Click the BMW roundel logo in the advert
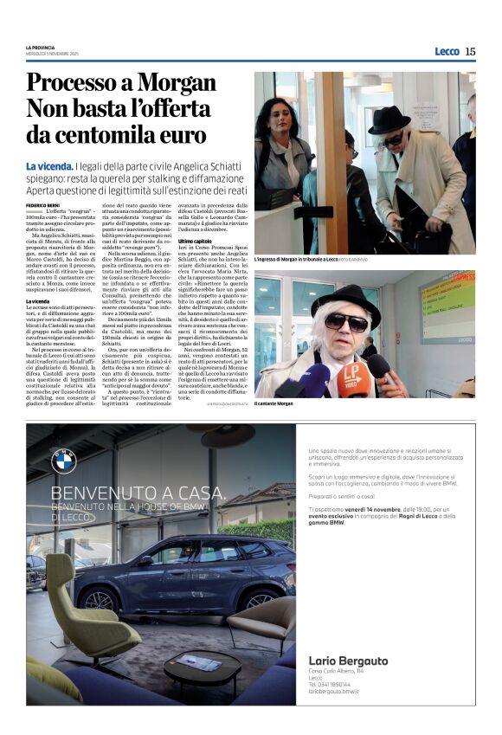point(64,461)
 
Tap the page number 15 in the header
point(470,51)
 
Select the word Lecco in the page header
point(447,51)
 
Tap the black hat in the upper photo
point(389,119)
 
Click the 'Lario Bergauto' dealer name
point(347,661)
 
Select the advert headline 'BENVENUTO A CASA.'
point(138,494)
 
